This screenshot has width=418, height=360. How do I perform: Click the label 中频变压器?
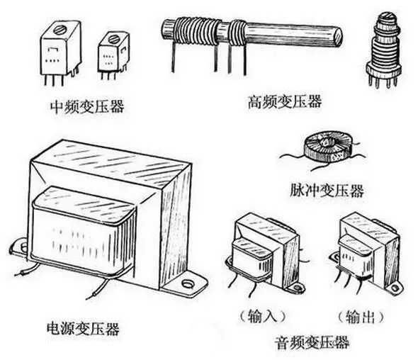[87, 107]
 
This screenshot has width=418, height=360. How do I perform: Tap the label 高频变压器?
[285, 101]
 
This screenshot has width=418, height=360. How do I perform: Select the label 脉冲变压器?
[327, 191]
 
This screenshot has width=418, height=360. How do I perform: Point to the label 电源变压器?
[83, 328]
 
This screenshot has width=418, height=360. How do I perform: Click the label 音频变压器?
[312, 342]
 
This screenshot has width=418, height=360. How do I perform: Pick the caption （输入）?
[263, 317]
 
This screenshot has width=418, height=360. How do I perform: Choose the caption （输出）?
[361, 317]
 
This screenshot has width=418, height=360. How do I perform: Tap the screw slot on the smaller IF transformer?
[114, 39]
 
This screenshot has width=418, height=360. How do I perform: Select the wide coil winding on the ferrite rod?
[198, 31]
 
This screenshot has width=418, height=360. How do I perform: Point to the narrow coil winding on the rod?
[238, 32]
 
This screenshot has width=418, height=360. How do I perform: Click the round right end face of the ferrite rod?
[338, 37]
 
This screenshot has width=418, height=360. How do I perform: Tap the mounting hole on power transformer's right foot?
[188, 283]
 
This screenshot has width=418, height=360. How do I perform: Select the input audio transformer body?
[265, 252]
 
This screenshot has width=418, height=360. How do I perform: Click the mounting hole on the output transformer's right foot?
[395, 288]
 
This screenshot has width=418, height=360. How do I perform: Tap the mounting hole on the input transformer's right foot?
[298, 288]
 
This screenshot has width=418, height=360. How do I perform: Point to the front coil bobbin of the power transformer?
[82, 230]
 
